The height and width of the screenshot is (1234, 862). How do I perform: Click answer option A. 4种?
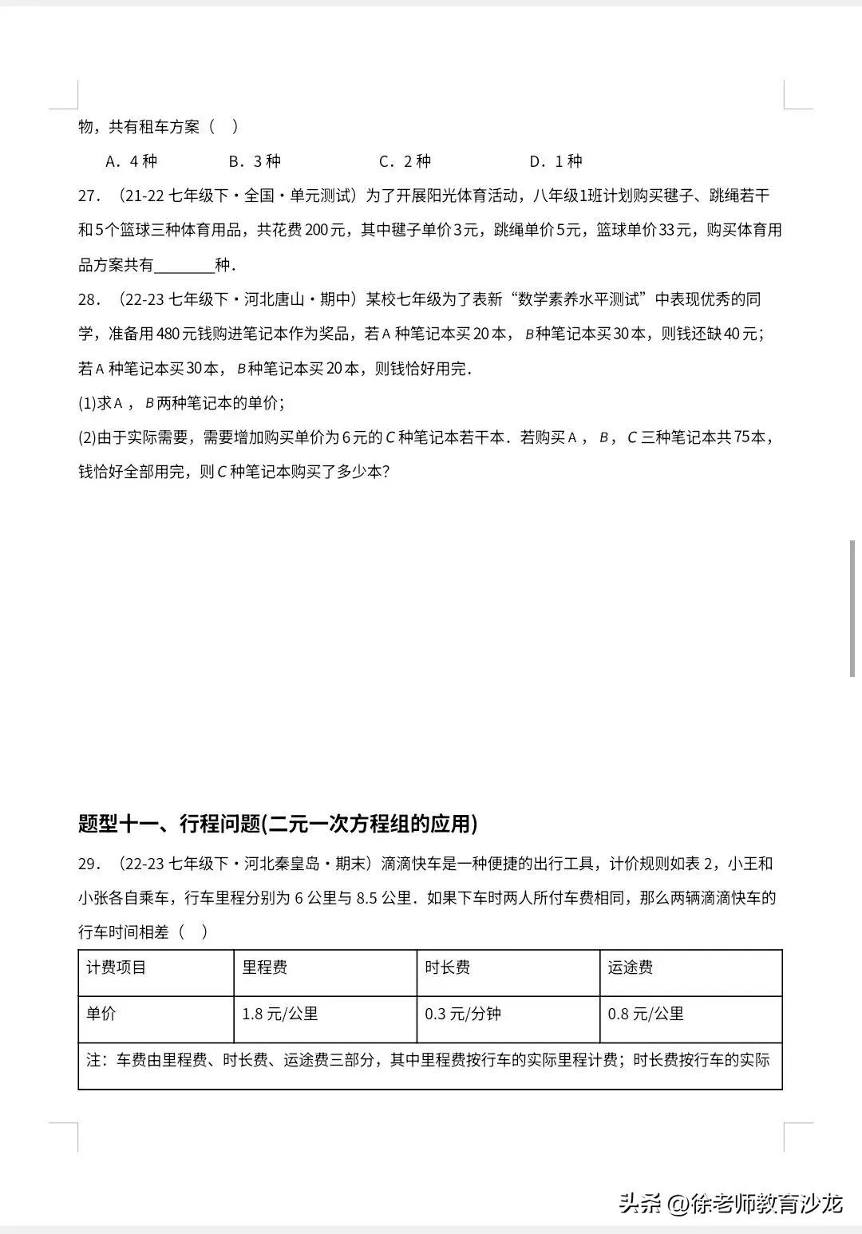click(132, 161)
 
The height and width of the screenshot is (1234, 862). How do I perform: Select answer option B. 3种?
click(255, 161)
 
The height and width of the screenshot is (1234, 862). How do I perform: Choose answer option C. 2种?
click(405, 161)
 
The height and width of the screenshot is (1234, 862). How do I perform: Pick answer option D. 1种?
click(556, 161)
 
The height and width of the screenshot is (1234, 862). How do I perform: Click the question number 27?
click(89, 196)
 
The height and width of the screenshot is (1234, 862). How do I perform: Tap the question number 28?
click(89, 300)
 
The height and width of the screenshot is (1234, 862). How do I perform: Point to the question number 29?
click(89, 864)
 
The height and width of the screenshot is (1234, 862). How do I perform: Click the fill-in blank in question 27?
click(184, 266)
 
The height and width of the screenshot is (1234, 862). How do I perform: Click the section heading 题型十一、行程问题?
click(278, 824)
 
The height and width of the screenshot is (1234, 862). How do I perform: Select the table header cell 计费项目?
click(117, 968)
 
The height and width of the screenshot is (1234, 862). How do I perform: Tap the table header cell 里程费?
click(264, 968)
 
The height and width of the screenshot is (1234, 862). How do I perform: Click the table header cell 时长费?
click(447, 968)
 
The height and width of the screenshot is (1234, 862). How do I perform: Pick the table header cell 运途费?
click(630, 968)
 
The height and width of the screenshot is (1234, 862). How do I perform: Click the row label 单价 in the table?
click(101, 1014)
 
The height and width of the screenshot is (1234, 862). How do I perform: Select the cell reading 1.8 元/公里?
click(280, 1014)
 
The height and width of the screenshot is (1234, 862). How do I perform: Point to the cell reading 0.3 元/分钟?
click(463, 1014)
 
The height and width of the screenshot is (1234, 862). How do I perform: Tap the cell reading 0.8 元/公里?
click(646, 1014)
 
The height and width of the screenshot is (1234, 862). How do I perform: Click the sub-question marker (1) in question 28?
click(87, 404)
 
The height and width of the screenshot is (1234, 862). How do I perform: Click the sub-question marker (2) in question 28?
click(87, 438)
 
